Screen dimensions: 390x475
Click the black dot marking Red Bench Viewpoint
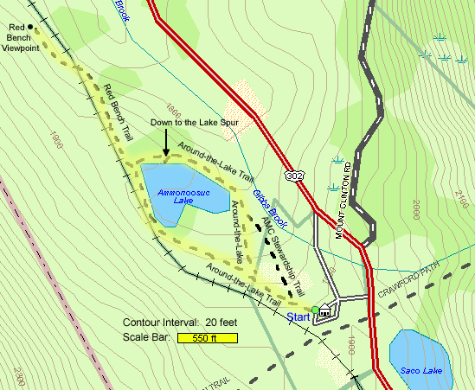(x=30, y=27)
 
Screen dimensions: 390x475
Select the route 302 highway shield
(x=297, y=176)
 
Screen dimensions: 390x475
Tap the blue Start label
(x=298, y=317)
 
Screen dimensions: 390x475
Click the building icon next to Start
(x=324, y=311)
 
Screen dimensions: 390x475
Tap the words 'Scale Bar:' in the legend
(x=146, y=337)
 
